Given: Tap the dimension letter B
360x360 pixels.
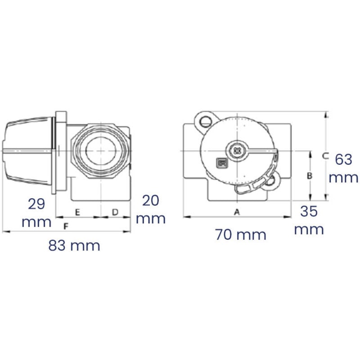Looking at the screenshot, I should point(309,176).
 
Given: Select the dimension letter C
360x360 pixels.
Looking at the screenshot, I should point(325,156).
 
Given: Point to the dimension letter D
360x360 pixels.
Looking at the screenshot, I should point(115,211).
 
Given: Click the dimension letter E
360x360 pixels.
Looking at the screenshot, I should point(77,211).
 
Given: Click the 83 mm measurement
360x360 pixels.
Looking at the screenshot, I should point(74,246).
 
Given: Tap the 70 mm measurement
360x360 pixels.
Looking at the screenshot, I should point(240,234).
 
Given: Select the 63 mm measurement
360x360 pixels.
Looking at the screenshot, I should point(344,168).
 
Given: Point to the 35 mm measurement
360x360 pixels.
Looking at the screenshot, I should point(309,220).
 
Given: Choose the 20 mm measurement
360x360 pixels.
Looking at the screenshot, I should point(151,209).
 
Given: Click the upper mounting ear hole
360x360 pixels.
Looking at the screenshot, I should point(206,121).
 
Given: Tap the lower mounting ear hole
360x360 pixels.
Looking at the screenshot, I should point(270,182).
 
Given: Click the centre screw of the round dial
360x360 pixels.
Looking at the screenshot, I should point(238,150).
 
